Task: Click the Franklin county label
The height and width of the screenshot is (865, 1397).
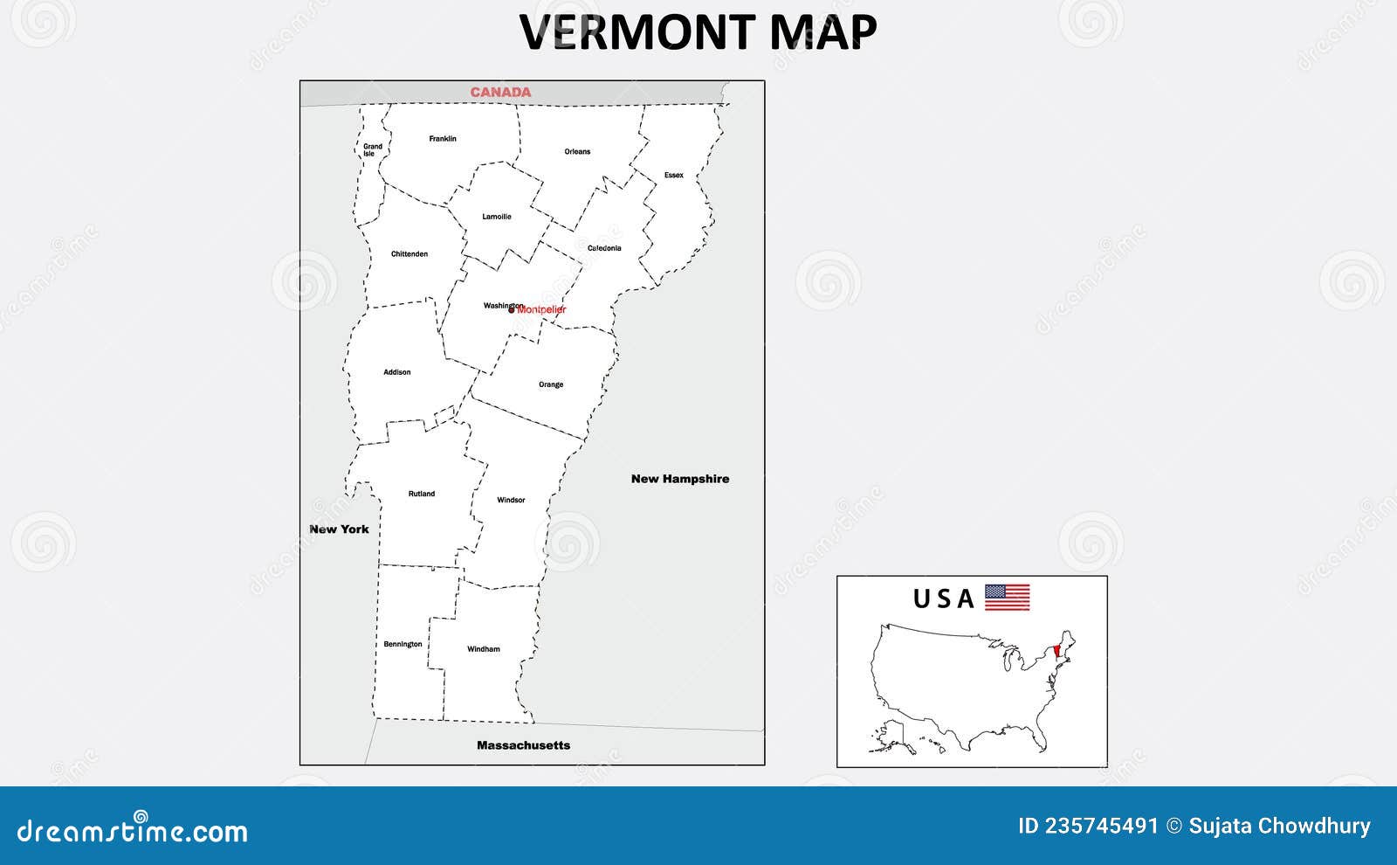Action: [443, 139]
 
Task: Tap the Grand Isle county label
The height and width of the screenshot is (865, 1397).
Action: [372, 150]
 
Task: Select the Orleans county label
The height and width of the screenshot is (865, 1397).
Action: [577, 152]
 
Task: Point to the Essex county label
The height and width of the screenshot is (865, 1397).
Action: [674, 176]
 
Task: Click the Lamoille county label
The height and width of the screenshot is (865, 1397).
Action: [497, 217]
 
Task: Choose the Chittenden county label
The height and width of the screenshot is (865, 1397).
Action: [409, 254]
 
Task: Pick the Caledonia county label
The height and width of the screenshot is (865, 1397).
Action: [604, 248]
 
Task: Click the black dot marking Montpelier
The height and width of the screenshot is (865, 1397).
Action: [512, 309]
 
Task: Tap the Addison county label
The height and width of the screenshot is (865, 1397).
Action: [397, 372]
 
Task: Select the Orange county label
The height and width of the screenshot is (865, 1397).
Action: [551, 384]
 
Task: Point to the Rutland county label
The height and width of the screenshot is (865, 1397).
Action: [422, 494]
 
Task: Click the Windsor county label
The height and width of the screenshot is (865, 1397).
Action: [511, 501]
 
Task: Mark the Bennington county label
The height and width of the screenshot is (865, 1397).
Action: [403, 645]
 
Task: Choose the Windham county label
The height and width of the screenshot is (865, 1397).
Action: [484, 649]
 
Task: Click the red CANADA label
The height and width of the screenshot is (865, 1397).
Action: [500, 92]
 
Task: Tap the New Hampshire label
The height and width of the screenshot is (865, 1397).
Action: [680, 479]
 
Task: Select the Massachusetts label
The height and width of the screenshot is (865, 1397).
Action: [524, 745]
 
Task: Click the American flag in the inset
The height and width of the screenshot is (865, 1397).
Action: [1008, 598]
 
